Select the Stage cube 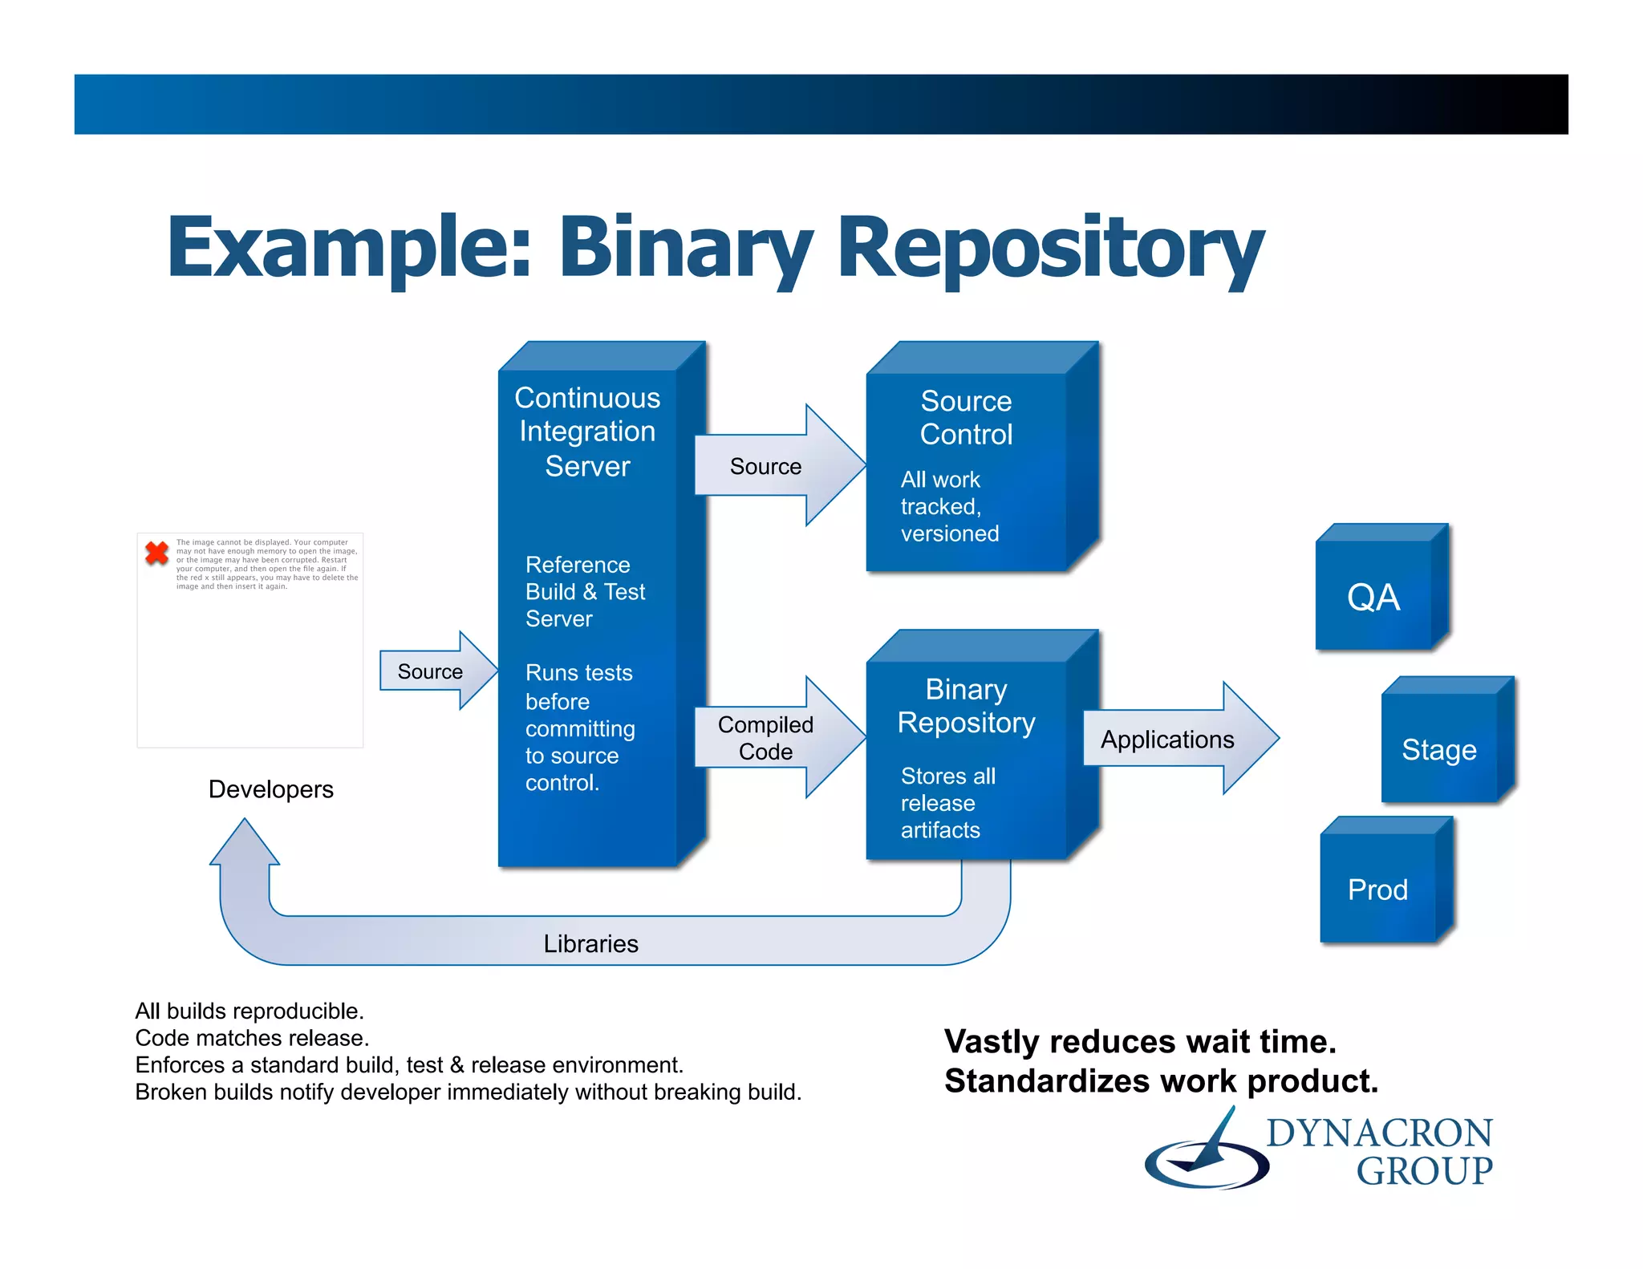1438,748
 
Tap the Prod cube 1377,889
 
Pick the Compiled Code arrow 766,738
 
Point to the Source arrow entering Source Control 766,466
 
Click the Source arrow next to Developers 431,671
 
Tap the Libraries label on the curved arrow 590,943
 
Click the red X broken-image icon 156,553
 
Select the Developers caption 270,789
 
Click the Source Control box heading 966,417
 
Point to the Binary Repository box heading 966,706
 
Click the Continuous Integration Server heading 587,432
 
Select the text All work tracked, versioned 949,506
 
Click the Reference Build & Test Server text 584,591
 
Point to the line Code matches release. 252,1038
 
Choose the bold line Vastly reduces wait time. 1140,1041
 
